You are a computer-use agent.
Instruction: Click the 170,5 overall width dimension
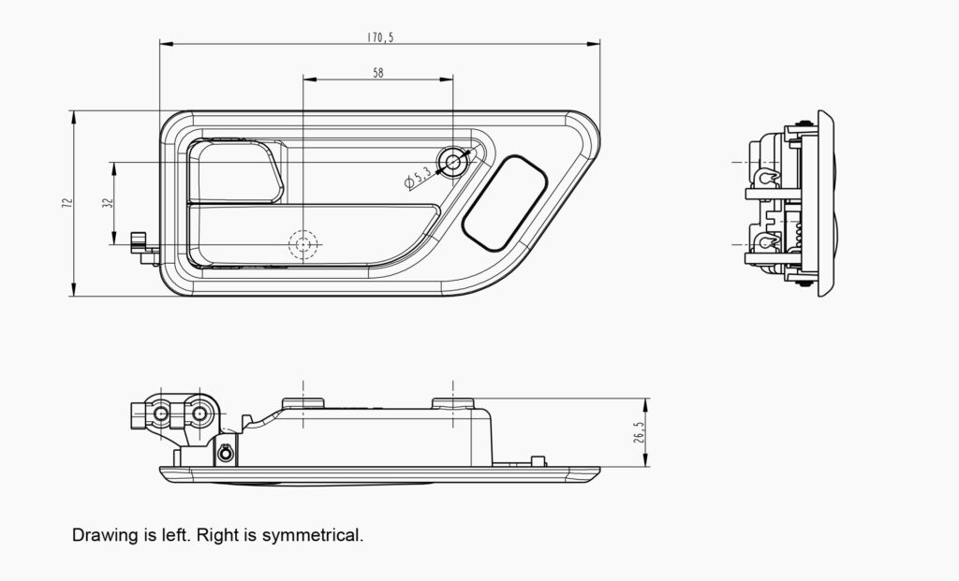pyautogui.click(x=379, y=37)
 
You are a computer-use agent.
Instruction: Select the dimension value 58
pyautogui.click(x=378, y=72)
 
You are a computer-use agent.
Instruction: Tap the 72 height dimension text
pyautogui.click(x=66, y=203)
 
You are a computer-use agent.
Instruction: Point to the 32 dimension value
pyautogui.click(x=108, y=204)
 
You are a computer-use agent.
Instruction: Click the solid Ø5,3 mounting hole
pyautogui.click(x=454, y=163)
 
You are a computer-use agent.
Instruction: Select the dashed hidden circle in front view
pyautogui.click(x=302, y=244)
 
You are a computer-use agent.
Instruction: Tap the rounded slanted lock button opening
pyautogui.click(x=506, y=202)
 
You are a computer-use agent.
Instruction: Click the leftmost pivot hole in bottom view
pyautogui.click(x=161, y=413)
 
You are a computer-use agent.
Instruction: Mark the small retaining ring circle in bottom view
pyautogui.click(x=225, y=454)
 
